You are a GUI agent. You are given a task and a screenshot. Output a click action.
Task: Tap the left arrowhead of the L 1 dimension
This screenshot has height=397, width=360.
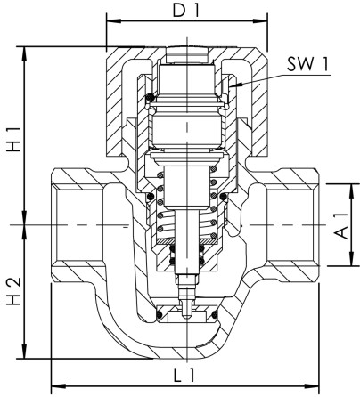coord(56,385)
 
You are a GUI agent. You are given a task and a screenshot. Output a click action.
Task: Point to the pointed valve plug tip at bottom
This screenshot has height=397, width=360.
coord(186,312)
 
